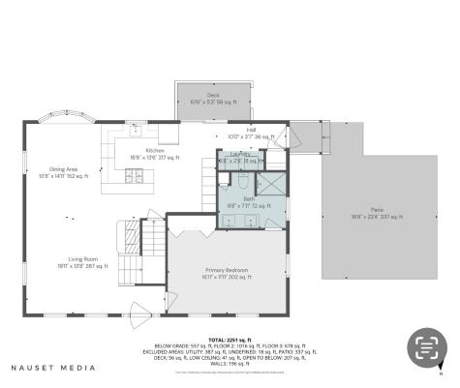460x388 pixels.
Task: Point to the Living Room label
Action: click(x=81, y=261)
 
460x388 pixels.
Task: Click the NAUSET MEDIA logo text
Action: click(x=53, y=368)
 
